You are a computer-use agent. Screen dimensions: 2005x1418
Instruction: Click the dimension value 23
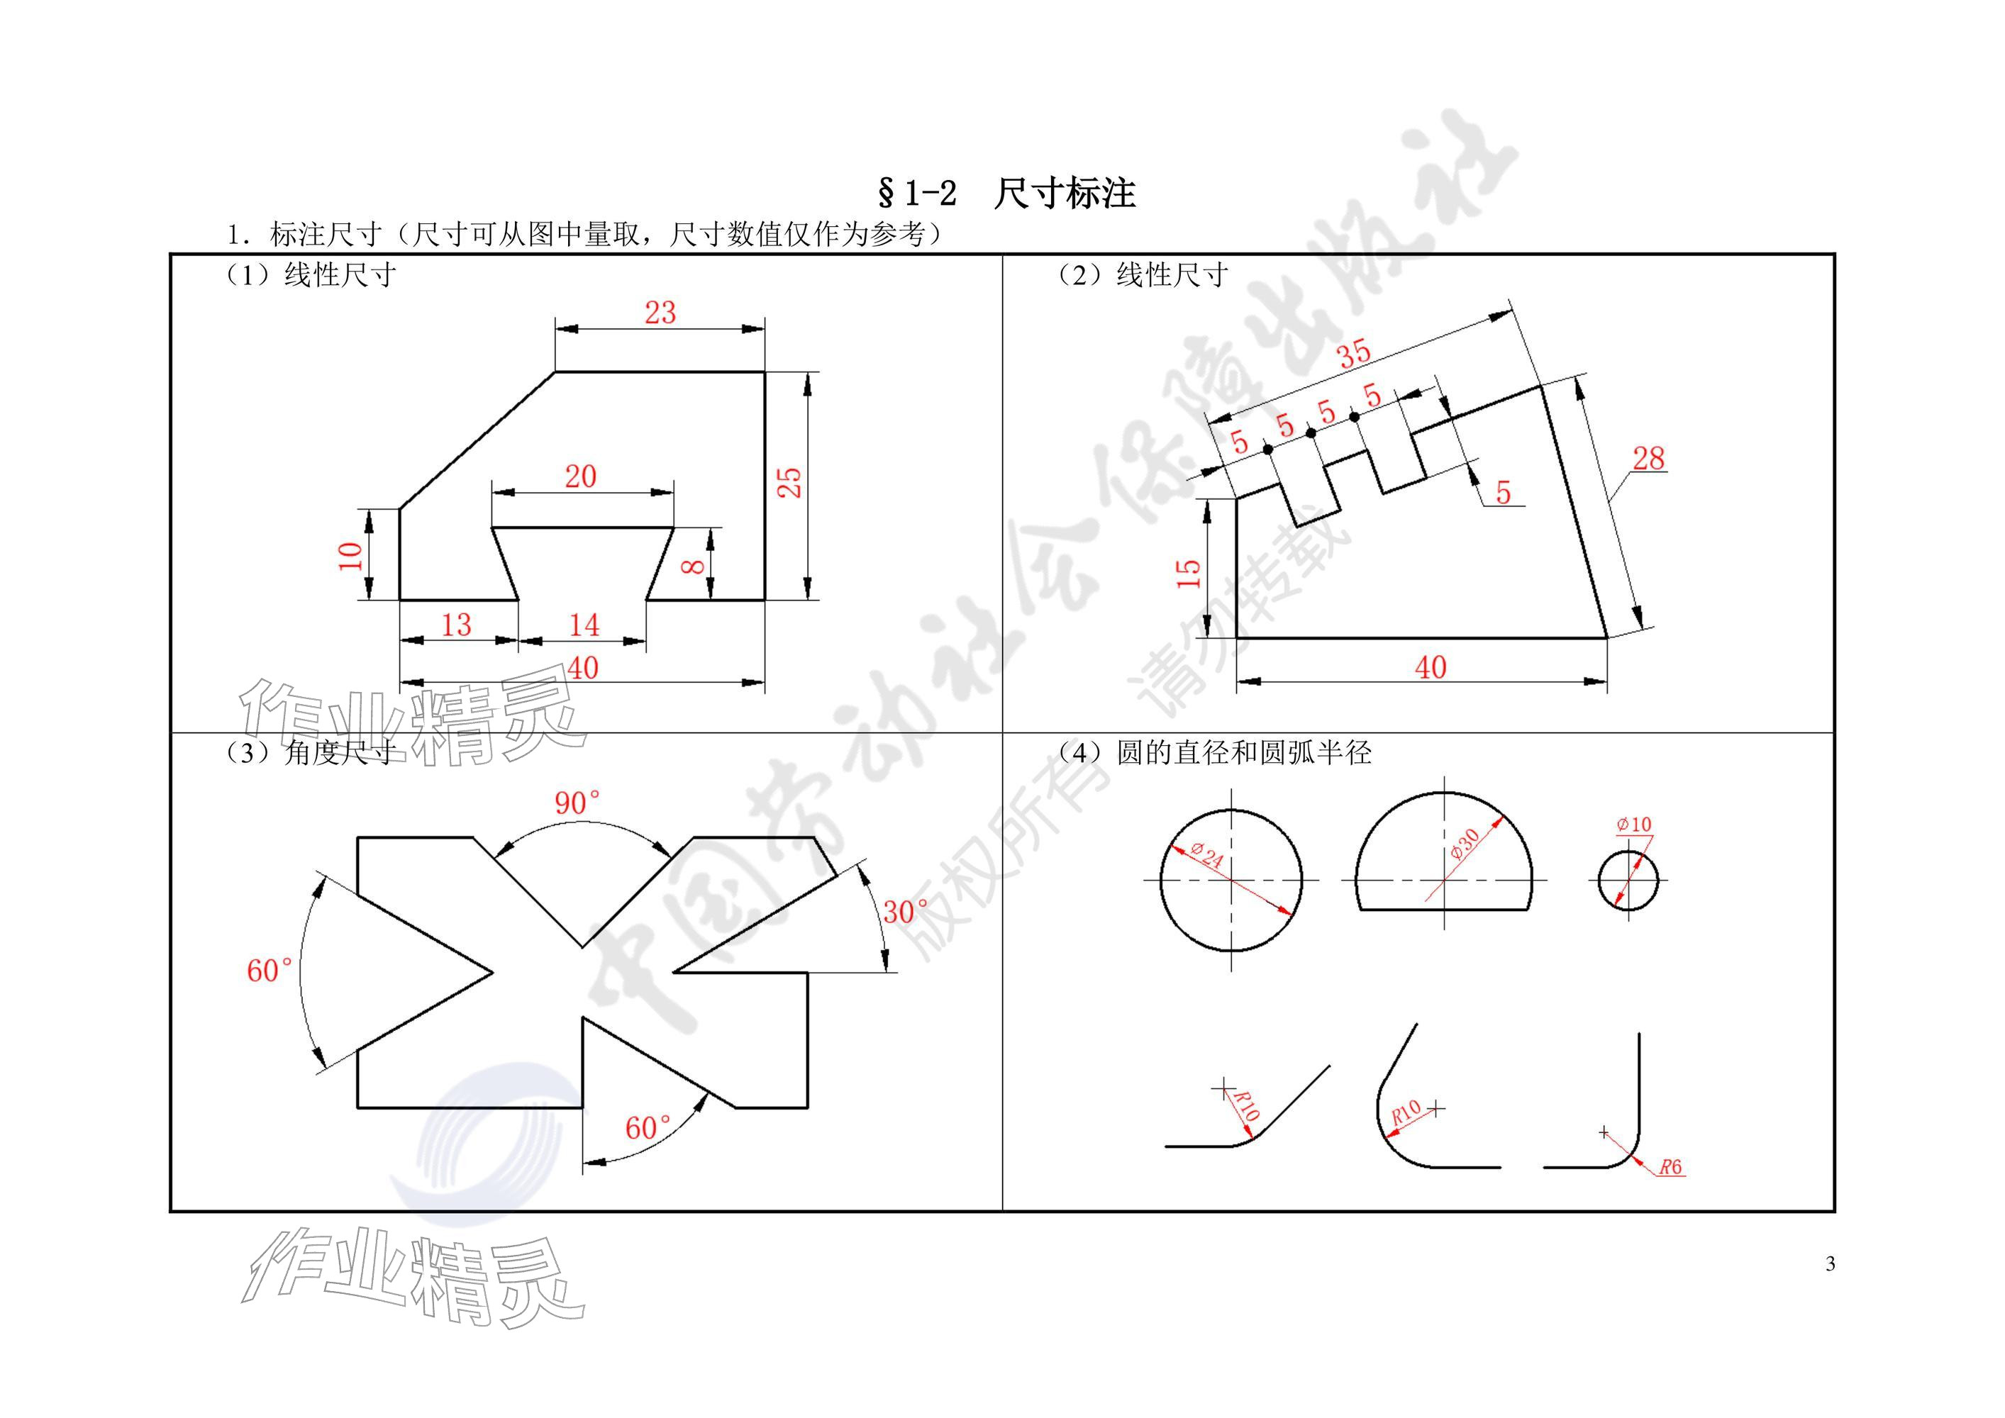click(x=660, y=313)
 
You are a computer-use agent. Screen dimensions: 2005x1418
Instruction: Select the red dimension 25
click(x=789, y=482)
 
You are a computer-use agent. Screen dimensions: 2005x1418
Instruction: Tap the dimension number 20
click(x=581, y=476)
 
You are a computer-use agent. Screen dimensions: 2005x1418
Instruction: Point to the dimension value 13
click(x=456, y=625)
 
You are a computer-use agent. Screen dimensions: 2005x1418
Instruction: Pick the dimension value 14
click(x=584, y=625)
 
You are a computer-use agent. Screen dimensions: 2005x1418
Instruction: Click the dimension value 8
click(x=694, y=566)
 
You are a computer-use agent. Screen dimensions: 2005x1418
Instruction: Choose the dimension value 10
click(x=350, y=556)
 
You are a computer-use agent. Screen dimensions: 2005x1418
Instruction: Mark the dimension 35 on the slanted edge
click(x=1355, y=354)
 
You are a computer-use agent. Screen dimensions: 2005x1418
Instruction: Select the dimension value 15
click(x=1189, y=573)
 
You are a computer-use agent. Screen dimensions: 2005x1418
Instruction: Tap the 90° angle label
click(x=577, y=803)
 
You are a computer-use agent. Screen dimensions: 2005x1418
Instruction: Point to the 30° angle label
click(x=906, y=912)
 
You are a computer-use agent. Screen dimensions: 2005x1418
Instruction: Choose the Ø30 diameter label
click(x=1465, y=844)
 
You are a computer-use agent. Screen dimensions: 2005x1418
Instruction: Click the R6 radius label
click(x=1670, y=1166)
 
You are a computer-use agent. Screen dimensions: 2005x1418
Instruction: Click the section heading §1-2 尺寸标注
click(x=1006, y=194)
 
